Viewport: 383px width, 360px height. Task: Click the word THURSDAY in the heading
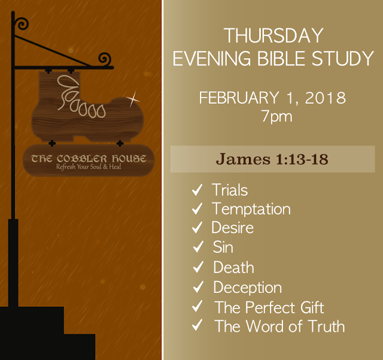273,36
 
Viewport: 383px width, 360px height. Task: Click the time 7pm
276,116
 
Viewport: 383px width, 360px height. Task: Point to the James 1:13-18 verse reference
272,159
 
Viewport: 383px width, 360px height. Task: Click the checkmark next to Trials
197,190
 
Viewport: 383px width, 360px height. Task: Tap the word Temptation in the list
251,209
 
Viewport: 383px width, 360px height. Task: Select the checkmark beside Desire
197,228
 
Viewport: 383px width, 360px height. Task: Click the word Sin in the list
223,247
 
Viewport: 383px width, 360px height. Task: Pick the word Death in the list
233,267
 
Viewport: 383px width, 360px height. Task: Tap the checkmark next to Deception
198,287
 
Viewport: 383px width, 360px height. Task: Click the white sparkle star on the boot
133,99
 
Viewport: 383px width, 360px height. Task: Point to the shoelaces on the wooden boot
81,96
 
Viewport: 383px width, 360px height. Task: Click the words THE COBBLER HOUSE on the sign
89,159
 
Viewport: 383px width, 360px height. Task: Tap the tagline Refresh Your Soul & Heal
89,167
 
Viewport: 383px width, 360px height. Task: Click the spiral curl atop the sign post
22,24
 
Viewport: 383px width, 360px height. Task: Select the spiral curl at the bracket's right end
105,59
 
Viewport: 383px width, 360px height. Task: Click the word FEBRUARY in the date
239,98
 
